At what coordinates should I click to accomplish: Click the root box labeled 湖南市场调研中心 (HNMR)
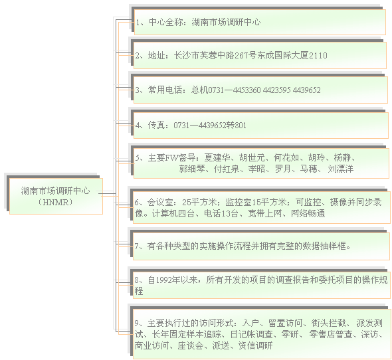click(56, 196)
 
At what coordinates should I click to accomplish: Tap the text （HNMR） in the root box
click(55, 202)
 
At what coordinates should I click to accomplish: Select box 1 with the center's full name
click(260, 22)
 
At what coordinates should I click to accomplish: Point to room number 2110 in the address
click(318, 55)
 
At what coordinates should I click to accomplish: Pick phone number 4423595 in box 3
click(277, 90)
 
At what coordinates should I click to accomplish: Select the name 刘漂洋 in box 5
click(340, 169)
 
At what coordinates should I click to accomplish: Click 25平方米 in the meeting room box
click(199, 202)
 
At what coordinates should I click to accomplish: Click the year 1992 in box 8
click(163, 280)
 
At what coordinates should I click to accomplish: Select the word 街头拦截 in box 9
click(328, 323)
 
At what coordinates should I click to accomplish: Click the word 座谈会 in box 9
click(191, 345)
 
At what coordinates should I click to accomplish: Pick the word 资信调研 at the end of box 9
click(255, 345)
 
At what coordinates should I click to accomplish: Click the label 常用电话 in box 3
click(165, 90)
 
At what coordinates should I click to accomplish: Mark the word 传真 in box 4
click(156, 125)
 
